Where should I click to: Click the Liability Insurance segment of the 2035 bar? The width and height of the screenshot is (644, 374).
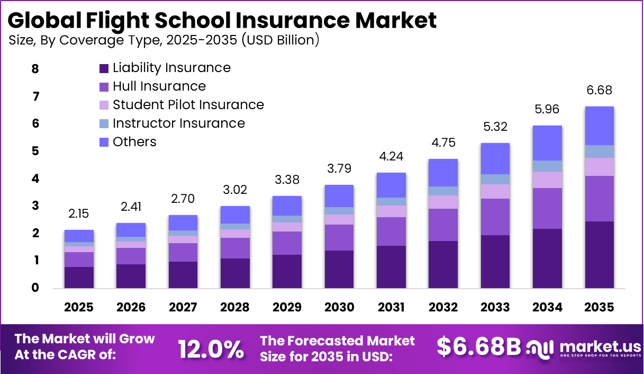599,255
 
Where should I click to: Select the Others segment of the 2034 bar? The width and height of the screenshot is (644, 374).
547,143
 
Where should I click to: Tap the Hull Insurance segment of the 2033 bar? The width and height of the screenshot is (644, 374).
495,217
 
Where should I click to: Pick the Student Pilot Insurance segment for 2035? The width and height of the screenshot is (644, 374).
599,167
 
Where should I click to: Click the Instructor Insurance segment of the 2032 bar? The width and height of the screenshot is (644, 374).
443,191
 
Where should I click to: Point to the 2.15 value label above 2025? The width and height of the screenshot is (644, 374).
79,214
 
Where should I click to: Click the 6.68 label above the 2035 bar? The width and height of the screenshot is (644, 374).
599,91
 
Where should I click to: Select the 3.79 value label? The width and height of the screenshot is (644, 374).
339,169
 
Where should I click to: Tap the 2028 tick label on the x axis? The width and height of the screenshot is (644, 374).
235,308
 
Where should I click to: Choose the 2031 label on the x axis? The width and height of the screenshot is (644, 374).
391,308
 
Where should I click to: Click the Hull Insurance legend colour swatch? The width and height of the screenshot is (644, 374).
104,87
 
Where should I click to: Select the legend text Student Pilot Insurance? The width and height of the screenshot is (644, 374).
188,105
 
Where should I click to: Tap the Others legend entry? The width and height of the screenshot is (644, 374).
134,142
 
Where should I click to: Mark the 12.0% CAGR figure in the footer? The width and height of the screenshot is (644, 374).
211,349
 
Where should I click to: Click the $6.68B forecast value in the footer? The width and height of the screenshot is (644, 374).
478,346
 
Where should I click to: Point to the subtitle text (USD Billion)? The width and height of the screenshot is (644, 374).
280,40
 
